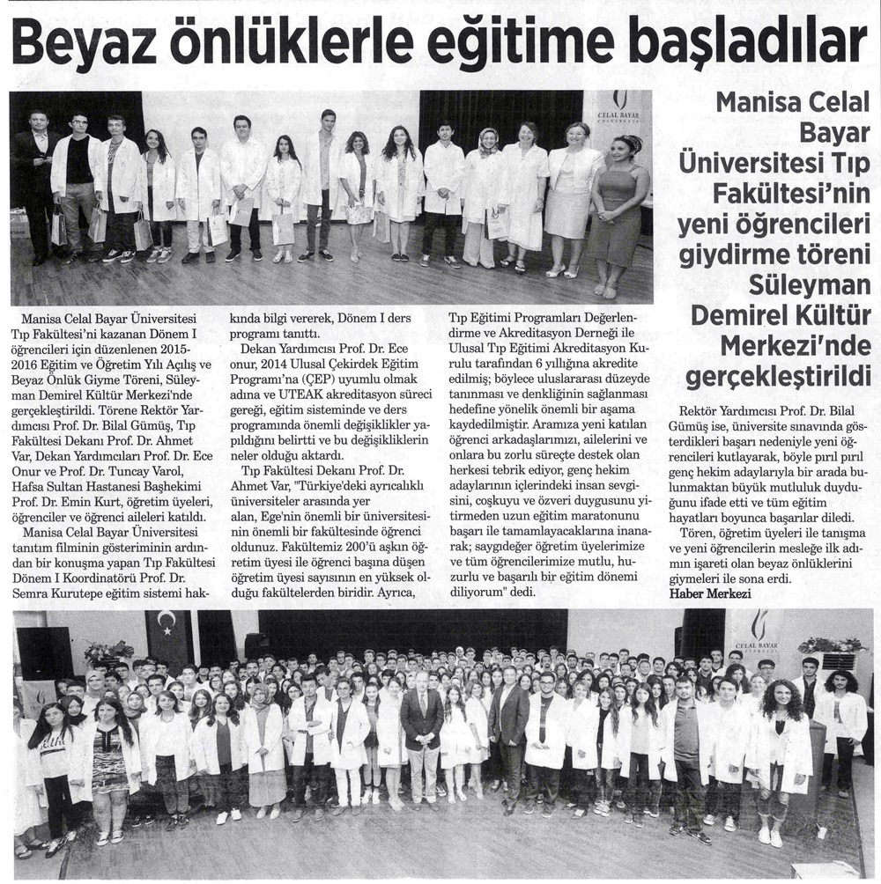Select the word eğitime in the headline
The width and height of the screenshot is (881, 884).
coord(497,42)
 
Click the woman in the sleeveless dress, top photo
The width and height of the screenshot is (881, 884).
coord(619,211)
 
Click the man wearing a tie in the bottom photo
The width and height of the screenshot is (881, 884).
coord(422,735)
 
